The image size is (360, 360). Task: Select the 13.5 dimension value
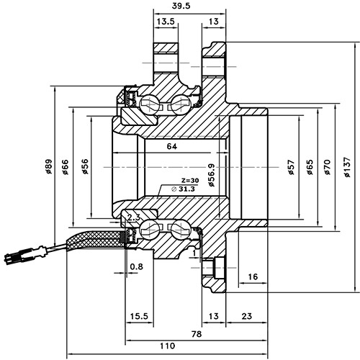coord(166,22)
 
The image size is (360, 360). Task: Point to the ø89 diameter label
coord(48,168)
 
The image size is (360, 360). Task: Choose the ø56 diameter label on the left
coord(84,168)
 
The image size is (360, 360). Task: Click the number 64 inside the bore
coord(171,147)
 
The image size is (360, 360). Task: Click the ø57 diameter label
coord(291,168)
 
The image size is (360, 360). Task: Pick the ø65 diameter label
coord(309,168)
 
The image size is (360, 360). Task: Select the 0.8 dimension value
coord(136,267)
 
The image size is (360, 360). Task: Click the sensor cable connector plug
coord(21,255)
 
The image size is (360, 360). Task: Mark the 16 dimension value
coord(253,276)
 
